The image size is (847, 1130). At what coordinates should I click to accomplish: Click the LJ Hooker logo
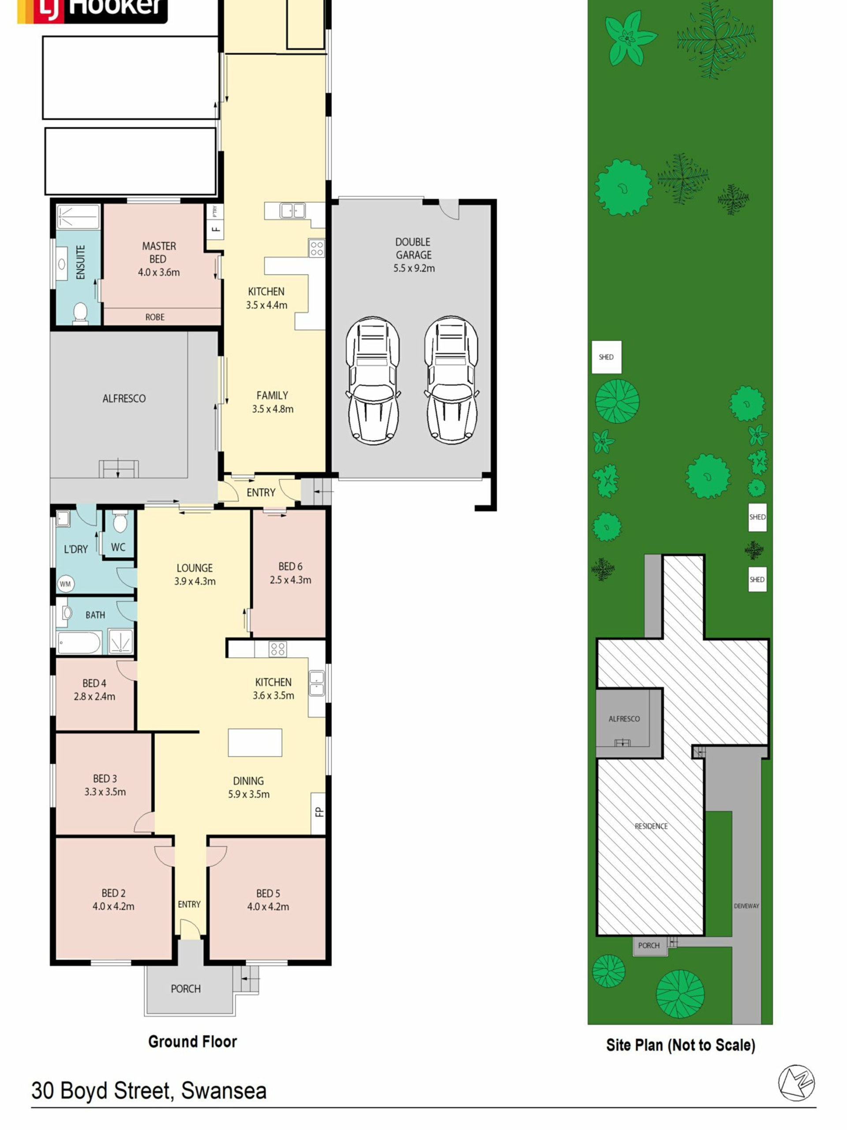[x=92, y=10]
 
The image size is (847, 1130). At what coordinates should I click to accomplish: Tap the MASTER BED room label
[x=159, y=252]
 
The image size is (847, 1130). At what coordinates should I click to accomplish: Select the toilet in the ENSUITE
[x=80, y=313]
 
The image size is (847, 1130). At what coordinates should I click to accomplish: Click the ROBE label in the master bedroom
[x=155, y=317]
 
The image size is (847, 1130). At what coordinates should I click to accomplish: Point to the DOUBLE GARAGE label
[x=413, y=248]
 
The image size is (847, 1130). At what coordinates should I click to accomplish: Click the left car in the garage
[x=373, y=380]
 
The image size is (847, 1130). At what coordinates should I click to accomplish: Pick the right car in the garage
[x=451, y=380]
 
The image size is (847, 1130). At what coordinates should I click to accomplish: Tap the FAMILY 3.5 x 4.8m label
[x=273, y=402]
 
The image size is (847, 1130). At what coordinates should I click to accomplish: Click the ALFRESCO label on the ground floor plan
[x=124, y=399]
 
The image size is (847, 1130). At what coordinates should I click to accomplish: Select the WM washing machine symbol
[x=65, y=584]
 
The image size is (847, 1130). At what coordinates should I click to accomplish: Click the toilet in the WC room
[x=120, y=522]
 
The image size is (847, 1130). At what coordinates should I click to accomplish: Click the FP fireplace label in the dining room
[x=319, y=812]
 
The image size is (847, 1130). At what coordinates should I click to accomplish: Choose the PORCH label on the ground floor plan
[x=186, y=989]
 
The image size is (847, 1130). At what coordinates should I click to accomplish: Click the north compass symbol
[x=796, y=1083]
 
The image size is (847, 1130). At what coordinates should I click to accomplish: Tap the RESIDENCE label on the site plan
[x=651, y=826]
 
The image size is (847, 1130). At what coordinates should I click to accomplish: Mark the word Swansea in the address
[x=224, y=1091]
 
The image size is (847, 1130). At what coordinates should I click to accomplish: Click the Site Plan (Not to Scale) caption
[x=681, y=1045]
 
